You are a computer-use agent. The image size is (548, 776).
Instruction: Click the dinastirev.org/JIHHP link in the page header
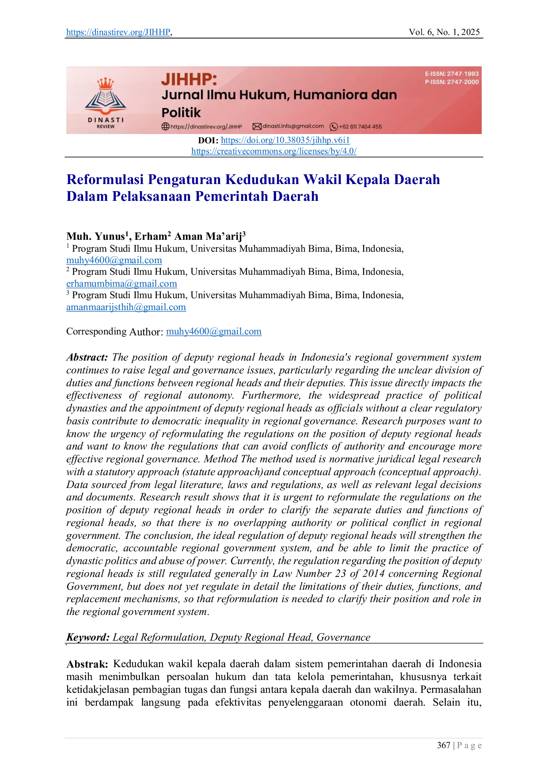pyautogui.click(x=118, y=32)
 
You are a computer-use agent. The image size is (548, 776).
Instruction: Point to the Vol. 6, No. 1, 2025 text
pyautogui.click(x=444, y=32)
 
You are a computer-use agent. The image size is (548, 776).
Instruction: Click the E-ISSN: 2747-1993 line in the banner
pyautogui.click(x=452, y=74)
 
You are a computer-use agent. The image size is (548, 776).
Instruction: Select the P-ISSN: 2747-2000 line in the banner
pyautogui.click(x=452, y=82)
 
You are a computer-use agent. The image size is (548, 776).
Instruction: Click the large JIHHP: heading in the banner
pyautogui.click(x=189, y=80)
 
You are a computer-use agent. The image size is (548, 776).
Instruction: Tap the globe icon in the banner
pyautogui.click(x=165, y=127)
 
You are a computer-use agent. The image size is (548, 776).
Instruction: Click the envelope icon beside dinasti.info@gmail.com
pyautogui.click(x=257, y=127)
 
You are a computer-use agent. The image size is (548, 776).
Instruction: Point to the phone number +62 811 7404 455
pyautogui.click(x=360, y=127)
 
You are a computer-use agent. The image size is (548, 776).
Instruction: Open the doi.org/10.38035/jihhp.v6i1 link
pyautogui.click(x=285, y=140)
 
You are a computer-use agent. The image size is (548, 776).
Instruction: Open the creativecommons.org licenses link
pyautogui.click(x=274, y=151)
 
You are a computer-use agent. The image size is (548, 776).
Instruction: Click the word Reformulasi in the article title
pyautogui.click(x=105, y=180)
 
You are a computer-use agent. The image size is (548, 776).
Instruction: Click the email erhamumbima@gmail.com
pyautogui.click(x=122, y=284)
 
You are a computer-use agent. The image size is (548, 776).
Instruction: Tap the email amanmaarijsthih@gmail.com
pyautogui.click(x=126, y=307)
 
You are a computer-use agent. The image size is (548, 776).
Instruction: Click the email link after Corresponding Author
pyautogui.click(x=214, y=331)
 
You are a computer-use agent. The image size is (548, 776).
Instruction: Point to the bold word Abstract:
pyautogui.click(x=87, y=357)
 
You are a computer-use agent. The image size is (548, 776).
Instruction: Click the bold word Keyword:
pyautogui.click(x=88, y=637)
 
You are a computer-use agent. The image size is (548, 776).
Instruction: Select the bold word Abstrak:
pyautogui.click(x=87, y=664)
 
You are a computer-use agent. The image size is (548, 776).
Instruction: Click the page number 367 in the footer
pyautogui.click(x=444, y=745)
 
